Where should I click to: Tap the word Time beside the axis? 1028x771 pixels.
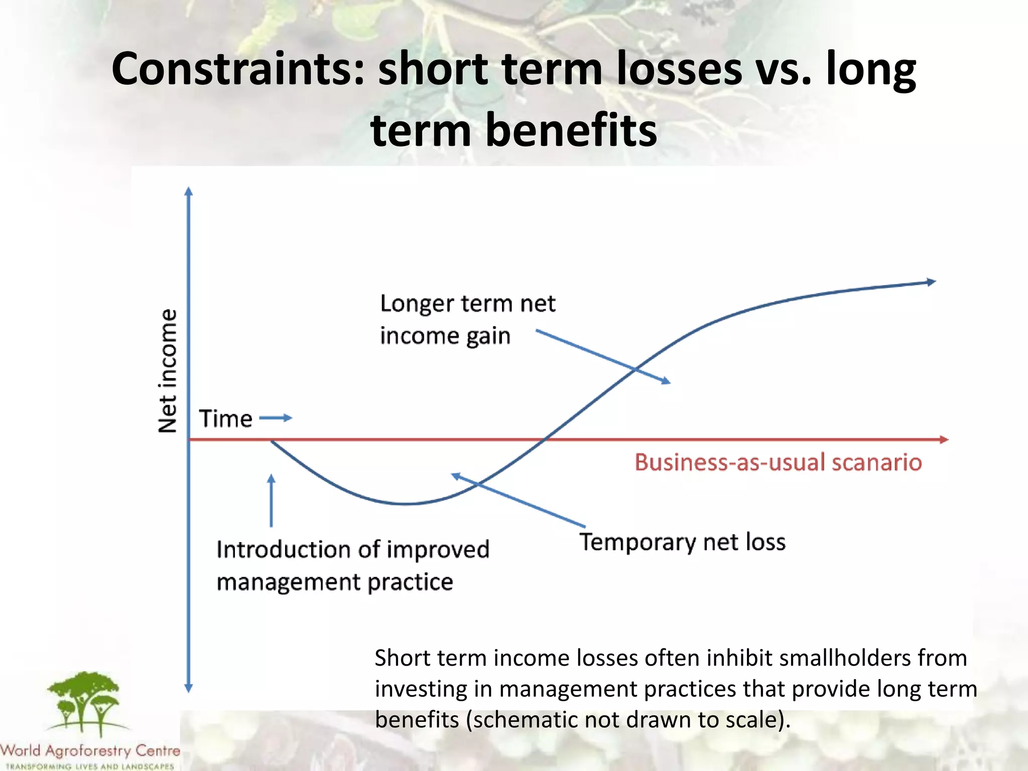(225, 419)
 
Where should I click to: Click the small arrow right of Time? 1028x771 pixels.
(277, 418)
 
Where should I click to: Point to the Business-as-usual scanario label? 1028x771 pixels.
(778, 462)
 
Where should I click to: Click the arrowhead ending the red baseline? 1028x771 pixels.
(944, 440)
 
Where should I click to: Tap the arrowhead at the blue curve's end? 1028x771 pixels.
(932, 282)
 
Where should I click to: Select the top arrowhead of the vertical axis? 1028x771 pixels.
(189, 191)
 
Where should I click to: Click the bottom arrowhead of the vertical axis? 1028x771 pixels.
(189, 688)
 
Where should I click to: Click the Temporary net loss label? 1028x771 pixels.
(683, 542)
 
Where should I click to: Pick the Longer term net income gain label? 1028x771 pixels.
(467, 320)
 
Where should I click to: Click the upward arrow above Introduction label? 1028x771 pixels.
(271, 499)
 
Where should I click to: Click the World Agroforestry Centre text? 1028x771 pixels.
(90, 751)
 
